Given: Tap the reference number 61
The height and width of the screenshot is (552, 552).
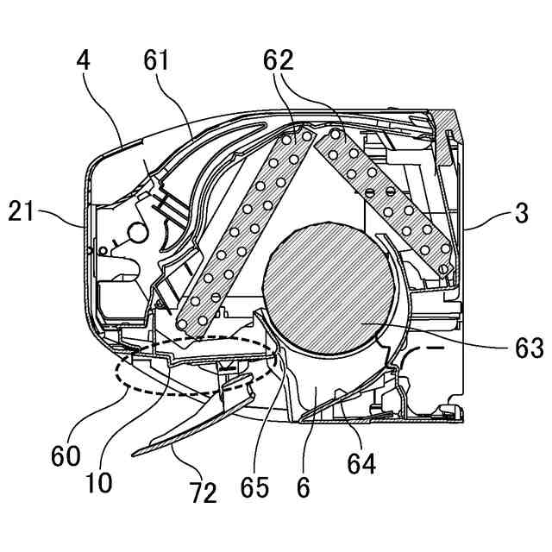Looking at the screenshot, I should click(x=156, y=62).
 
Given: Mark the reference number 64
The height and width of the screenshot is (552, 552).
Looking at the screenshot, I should click(x=361, y=463).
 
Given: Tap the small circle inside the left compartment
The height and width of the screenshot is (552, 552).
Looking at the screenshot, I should click(x=135, y=232).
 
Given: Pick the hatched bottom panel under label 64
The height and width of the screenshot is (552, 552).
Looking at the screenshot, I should click(x=379, y=420).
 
